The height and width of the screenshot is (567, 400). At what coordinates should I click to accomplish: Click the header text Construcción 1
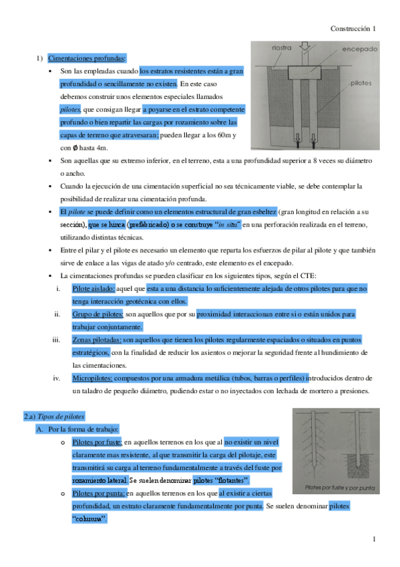tap(353, 29)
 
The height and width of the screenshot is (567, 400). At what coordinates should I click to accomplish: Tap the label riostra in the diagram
tap(281, 47)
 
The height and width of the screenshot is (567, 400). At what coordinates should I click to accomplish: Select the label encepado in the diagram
tap(359, 49)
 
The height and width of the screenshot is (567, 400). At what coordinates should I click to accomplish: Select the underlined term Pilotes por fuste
tap(96, 442)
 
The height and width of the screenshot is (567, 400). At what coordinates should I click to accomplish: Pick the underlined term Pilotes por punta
tap(97, 493)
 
